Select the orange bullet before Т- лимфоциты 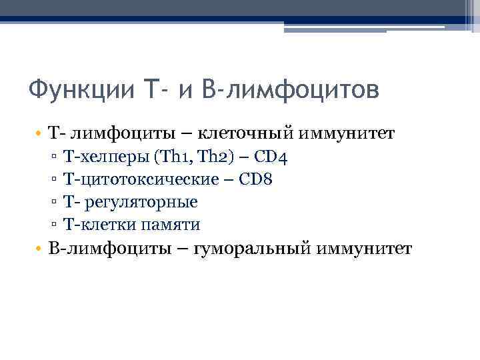pyautogui.click(x=41, y=135)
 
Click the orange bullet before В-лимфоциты pyautogui.click(x=41, y=249)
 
